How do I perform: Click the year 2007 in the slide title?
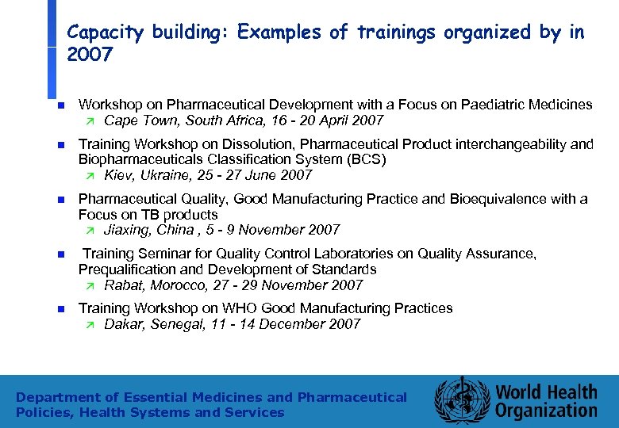90,55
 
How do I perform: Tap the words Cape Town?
133,120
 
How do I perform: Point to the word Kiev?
119,175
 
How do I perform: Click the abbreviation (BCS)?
364,159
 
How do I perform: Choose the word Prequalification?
128,269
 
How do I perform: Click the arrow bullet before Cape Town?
90,121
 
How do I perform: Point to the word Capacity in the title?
103,32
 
